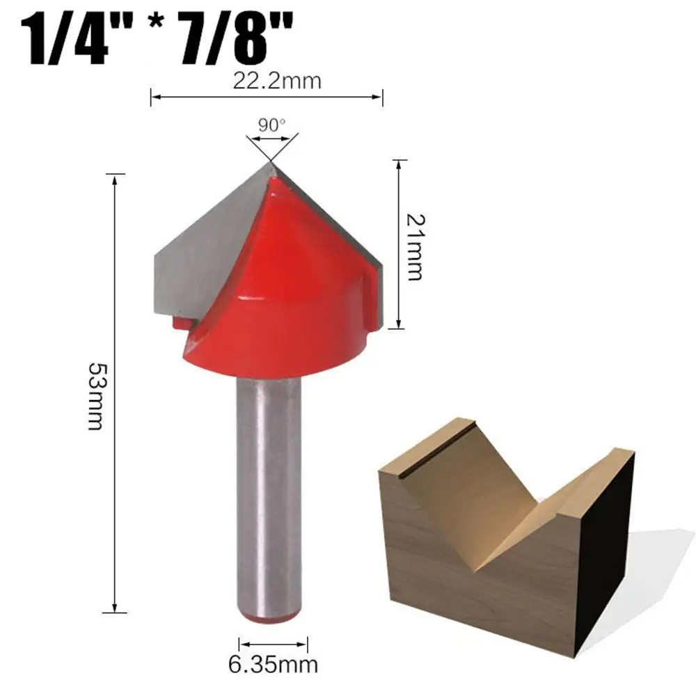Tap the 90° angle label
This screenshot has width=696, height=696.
pyautogui.click(x=271, y=125)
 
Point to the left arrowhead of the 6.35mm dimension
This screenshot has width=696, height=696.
pyautogui.click(x=242, y=642)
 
